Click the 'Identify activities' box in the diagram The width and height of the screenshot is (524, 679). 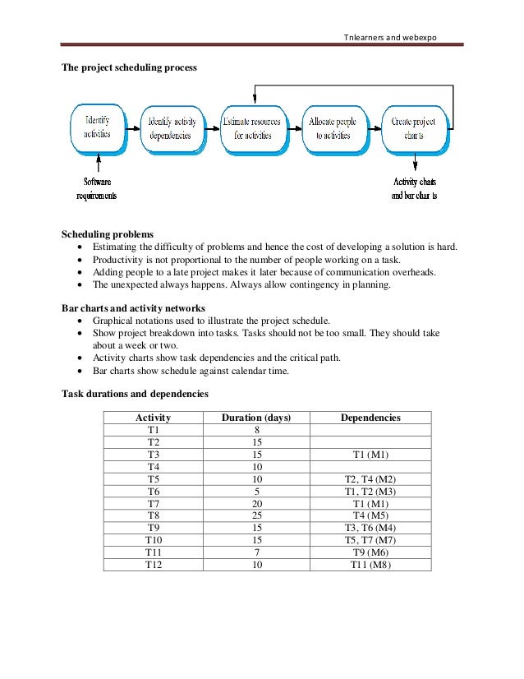click(x=96, y=128)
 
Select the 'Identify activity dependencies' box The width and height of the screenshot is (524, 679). click(x=172, y=128)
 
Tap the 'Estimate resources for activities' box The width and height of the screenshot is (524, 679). click(x=251, y=128)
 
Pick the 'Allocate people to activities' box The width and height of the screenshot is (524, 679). click(x=332, y=128)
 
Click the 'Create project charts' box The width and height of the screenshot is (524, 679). click(x=413, y=128)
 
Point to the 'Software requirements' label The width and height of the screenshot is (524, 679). click(x=97, y=188)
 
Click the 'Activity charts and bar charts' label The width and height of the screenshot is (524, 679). click(x=414, y=188)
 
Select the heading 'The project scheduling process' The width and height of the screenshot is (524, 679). click(x=130, y=67)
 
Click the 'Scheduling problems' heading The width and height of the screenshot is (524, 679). click(x=108, y=234)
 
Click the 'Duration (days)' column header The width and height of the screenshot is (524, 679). click(x=256, y=418)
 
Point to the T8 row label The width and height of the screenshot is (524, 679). click(x=154, y=515)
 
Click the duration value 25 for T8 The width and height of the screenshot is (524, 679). click(x=256, y=515)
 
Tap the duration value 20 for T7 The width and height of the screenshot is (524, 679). click(x=256, y=503)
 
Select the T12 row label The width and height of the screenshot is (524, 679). click(x=154, y=565)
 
